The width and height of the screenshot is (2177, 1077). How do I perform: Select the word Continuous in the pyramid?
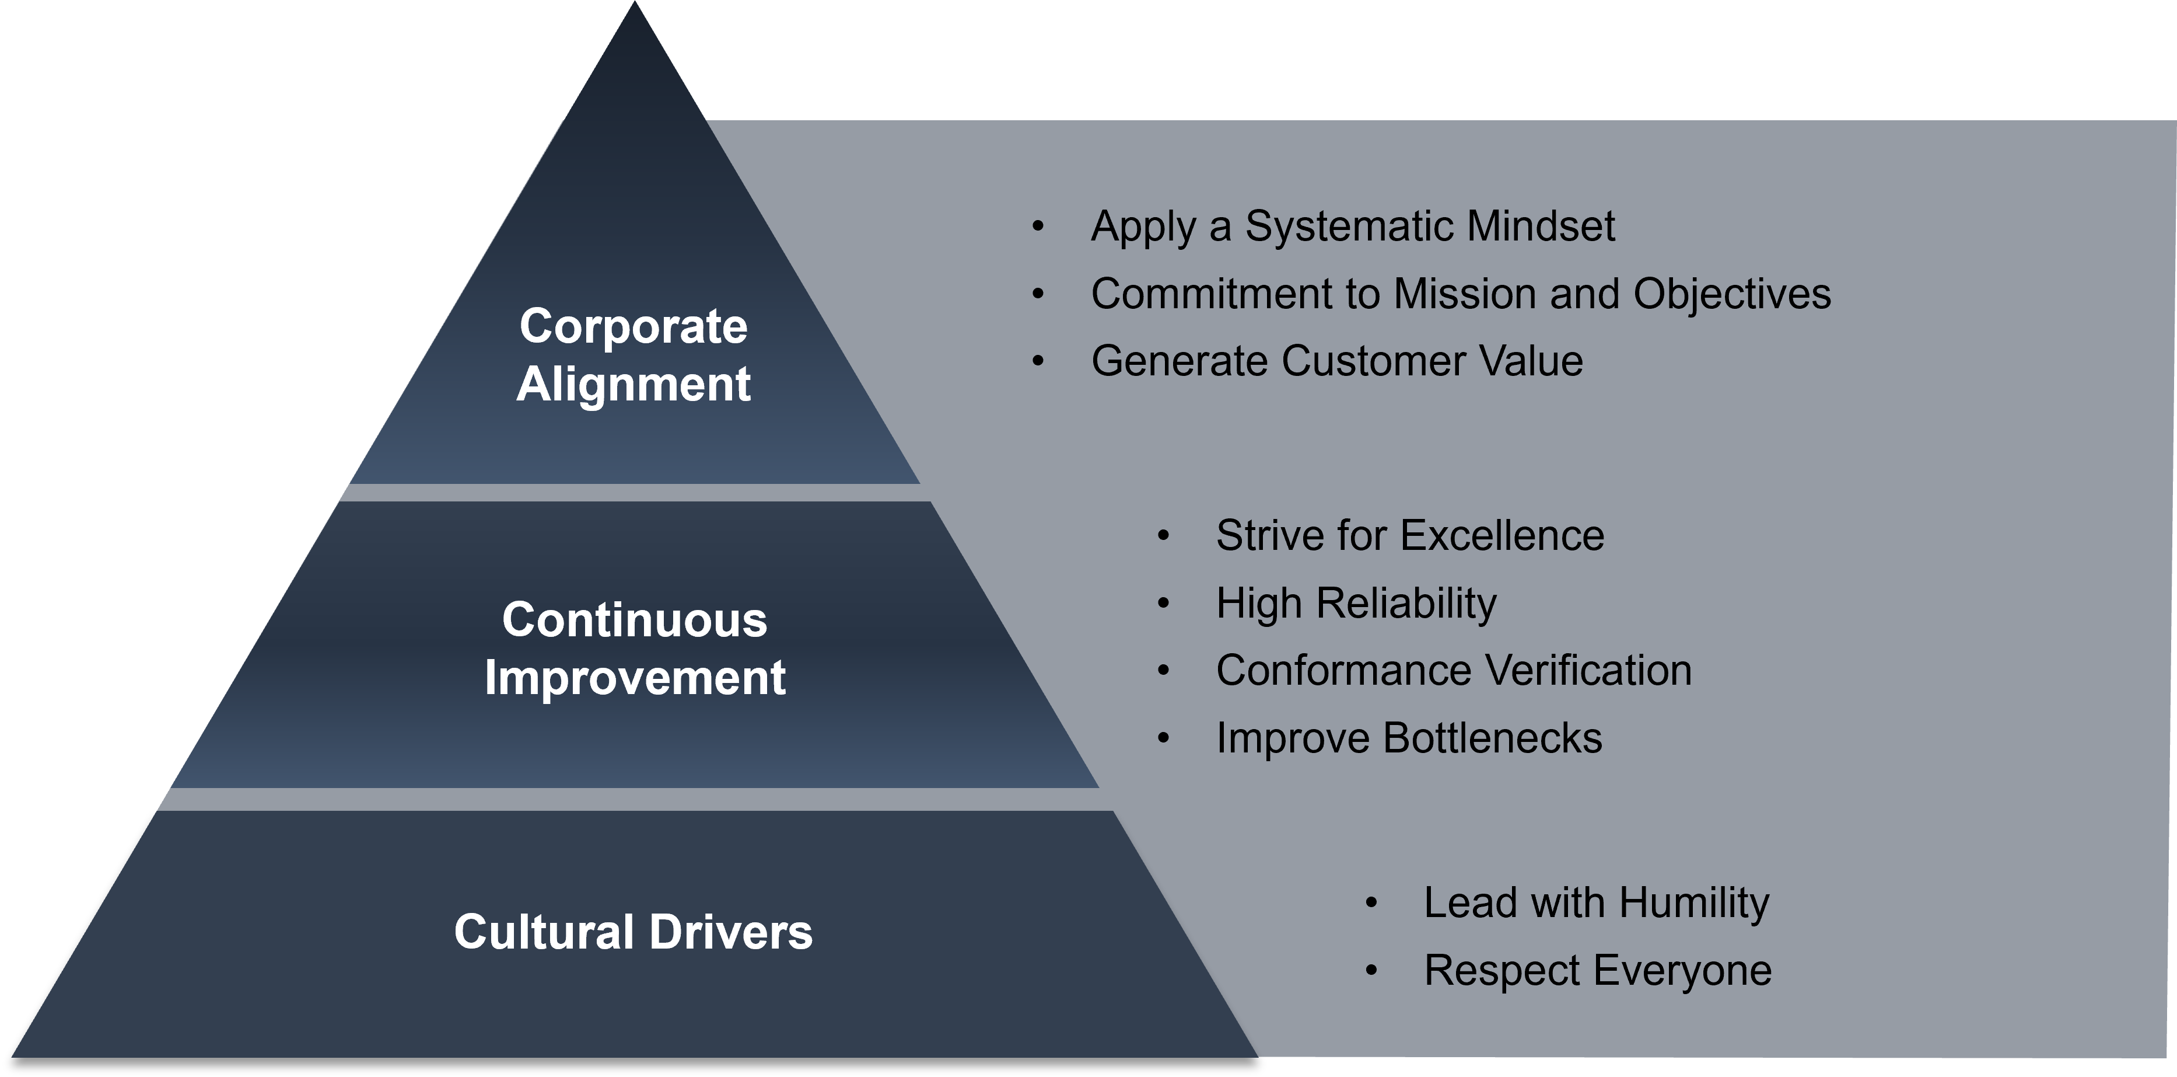click(635, 620)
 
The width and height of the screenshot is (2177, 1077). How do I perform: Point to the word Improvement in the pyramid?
click(635, 678)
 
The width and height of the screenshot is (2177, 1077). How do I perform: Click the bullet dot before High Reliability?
click(1164, 604)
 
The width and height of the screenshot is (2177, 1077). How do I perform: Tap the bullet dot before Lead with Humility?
click(1371, 903)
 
